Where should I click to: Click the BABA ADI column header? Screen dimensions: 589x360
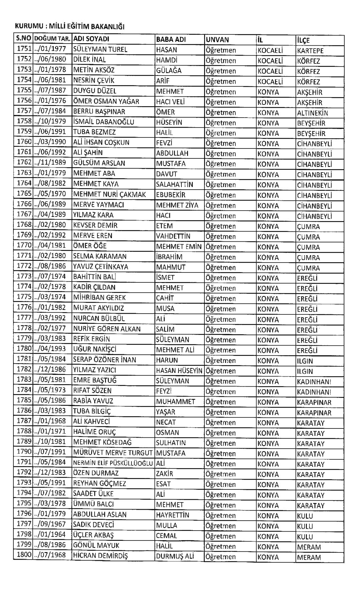[171, 39]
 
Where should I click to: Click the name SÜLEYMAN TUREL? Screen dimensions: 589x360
[100, 49]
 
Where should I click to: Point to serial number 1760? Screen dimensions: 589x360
[24, 142]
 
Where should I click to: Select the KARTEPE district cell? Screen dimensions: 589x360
[310, 50]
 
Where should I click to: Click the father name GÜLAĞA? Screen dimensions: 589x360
[169, 70]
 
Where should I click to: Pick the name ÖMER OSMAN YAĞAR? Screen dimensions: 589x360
[106, 101]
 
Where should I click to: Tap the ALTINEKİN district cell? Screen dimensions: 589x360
[313, 113]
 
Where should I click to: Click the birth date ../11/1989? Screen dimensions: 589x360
[50, 163]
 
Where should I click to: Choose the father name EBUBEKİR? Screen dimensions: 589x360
[171, 195]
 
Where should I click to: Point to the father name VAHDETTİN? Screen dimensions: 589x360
[173, 236]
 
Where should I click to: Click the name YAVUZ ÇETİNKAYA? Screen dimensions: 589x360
[101, 267]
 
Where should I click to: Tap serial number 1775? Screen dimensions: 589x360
[24, 297]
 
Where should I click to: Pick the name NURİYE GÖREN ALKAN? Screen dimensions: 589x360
[107, 329]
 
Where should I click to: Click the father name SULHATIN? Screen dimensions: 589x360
[171, 443]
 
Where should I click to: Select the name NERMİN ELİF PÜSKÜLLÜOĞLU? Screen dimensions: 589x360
[113, 463]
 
